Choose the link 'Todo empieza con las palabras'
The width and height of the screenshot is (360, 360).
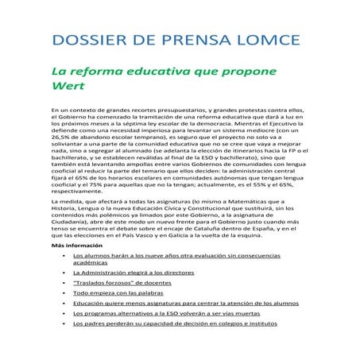[x=115, y=292]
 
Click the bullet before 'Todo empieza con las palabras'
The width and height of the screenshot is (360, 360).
[x=63, y=292]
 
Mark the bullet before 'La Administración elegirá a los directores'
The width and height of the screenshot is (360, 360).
[x=63, y=272]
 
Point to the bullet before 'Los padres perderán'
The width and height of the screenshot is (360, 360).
[x=63, y=323]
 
